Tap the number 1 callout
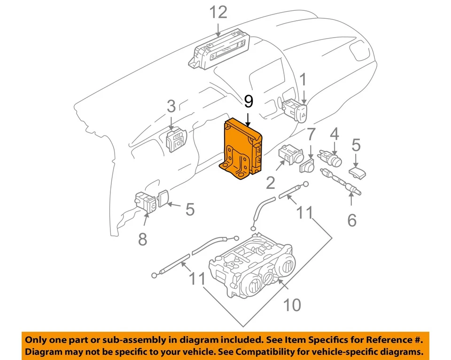[303, 80]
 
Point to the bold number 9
[249, 101]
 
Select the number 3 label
[171, 107]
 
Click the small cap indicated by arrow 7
[308, 166]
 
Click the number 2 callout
[271, 182]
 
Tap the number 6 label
[352, 219]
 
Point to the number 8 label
[142, 239]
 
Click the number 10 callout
[292, 305]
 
